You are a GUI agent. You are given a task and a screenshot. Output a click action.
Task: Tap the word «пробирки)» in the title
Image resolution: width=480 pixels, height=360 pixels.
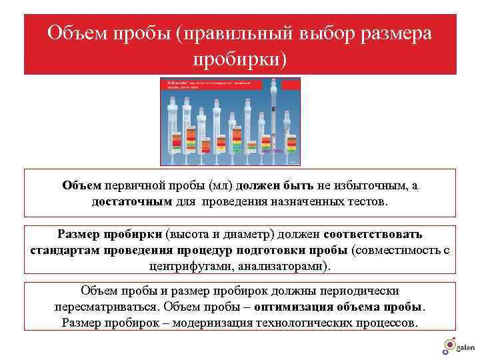[x=239, y=59]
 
